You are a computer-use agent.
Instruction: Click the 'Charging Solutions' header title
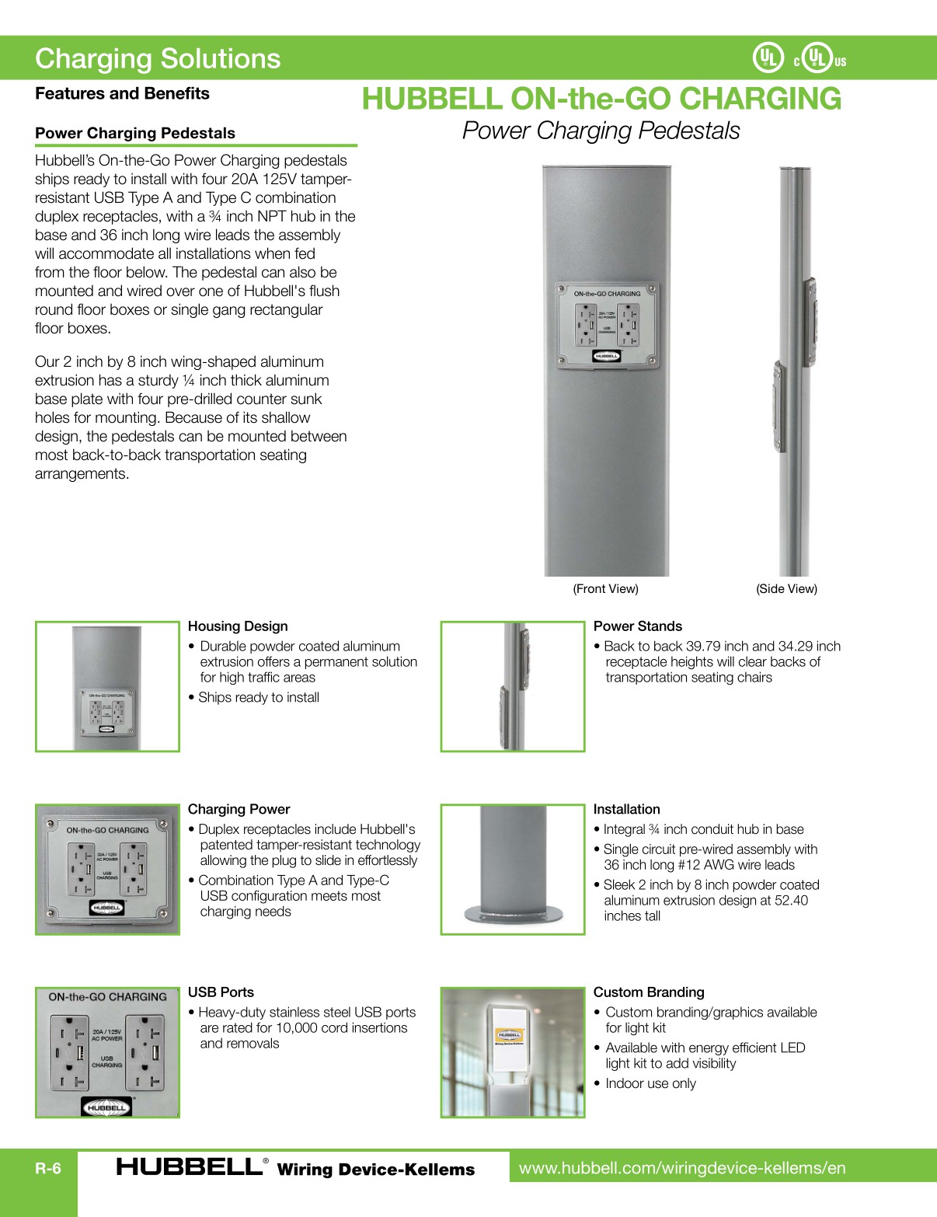click(x=158, y=59)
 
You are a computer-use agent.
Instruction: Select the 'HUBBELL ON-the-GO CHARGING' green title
click(x=601, y=99)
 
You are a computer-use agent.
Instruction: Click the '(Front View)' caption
click(x=605, y=589)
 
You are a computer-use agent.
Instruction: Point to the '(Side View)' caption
click(x=786, y=589)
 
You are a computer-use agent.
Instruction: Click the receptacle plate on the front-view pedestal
click(x=607, y=325)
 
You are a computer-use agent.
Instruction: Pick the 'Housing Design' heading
click(x=238, y=626)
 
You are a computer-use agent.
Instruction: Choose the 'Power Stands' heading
click(x=637, y=626)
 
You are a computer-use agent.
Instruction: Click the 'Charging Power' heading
click(x=239, y=809)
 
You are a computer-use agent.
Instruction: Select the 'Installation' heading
click(x=626, y=809)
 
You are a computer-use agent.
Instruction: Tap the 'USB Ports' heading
click(x=221, y=992)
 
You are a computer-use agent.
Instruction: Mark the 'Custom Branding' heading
click(x=649, y=992)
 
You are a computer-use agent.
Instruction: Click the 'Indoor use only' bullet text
click(x=650, y=1083)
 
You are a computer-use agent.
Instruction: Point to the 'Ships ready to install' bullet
click(x=258, y=698)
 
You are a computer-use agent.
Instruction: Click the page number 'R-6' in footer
click(x=47, y=1169)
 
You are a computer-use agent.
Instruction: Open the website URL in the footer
click(x=682, y=1168)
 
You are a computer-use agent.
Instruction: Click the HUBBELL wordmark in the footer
click(x=189, y=1167)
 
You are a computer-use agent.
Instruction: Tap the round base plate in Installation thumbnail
click(x=512, y=914)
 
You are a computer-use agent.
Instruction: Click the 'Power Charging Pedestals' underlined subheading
click(x=135, y=133)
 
